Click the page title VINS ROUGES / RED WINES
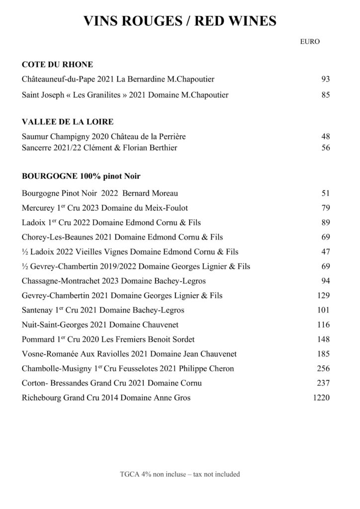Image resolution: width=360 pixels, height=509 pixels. click(180, 21)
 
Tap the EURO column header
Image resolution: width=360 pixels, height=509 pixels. click(310, 42)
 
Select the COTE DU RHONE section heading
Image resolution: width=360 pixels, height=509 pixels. click(58, 64)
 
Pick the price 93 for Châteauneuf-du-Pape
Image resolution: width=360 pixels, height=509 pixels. click(326, 79)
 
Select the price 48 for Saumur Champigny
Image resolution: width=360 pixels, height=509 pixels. click(326, 136)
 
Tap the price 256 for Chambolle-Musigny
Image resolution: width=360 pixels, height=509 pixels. click(323, 369)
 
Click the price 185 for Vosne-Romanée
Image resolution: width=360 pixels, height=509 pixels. click(323, 354)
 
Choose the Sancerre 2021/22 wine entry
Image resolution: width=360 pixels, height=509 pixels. click(100, 148)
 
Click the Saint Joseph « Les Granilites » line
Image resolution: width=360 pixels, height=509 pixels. click(125, 95)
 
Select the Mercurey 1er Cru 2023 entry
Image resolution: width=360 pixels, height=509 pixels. click(105, 207)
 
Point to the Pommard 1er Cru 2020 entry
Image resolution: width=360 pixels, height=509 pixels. click(108, 340)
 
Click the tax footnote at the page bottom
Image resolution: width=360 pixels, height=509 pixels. click(180, 474)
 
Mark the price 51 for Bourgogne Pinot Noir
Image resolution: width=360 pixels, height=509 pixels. click(326, 193)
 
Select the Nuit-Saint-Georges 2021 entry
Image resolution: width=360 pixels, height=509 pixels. click(100, 326)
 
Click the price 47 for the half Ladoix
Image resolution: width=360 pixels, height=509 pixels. click(326, 252)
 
